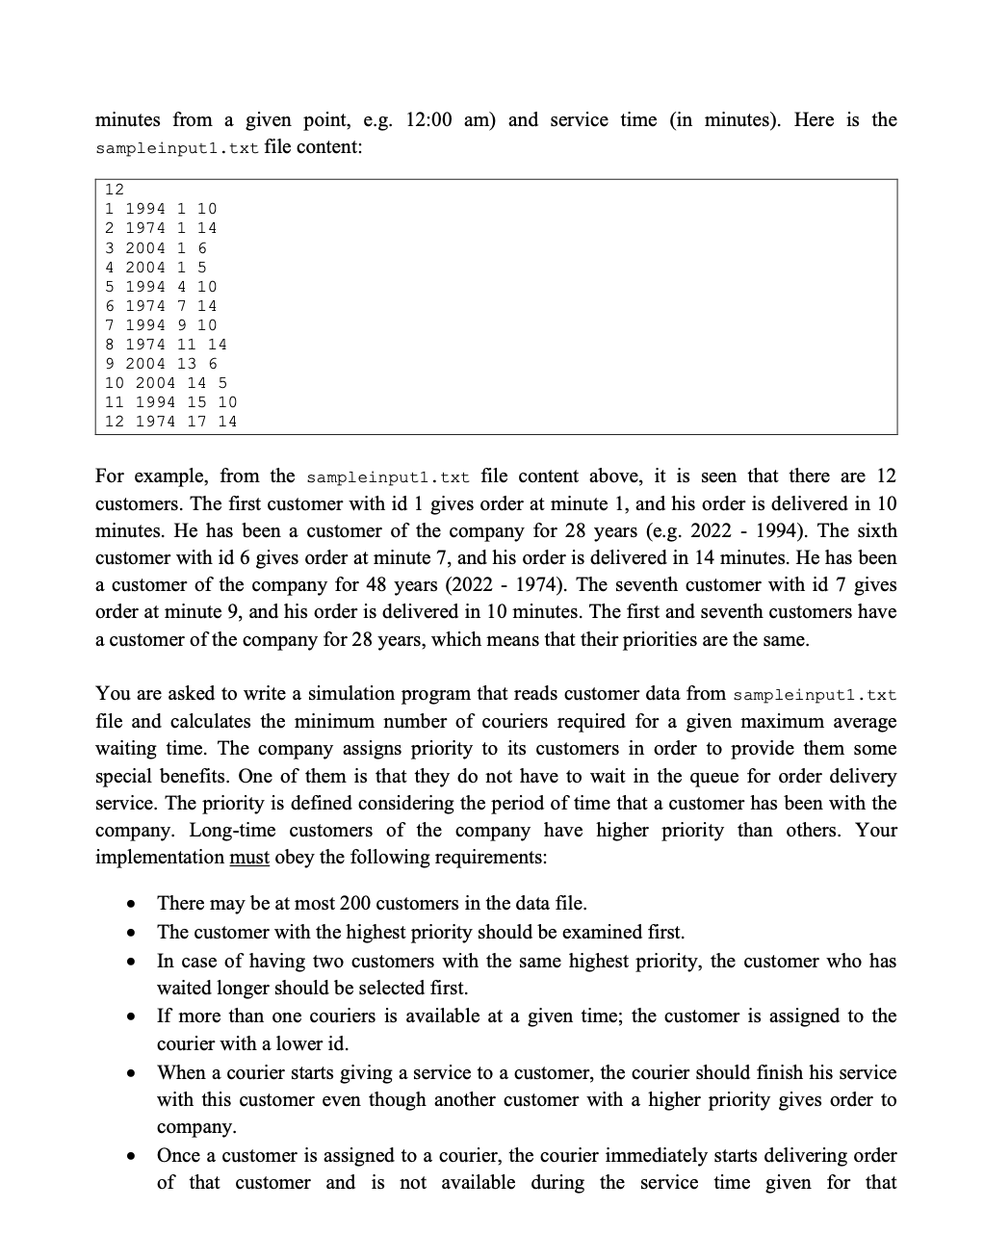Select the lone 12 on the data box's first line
pos(115,190)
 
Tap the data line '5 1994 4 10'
pos(161,287)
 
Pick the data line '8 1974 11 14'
pos(166,345)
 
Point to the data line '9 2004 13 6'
pos(161,364)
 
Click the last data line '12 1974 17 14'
pos(170,422)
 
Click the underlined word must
pos(249,858)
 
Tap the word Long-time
pos(232,831)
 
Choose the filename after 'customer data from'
pos(815,695)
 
